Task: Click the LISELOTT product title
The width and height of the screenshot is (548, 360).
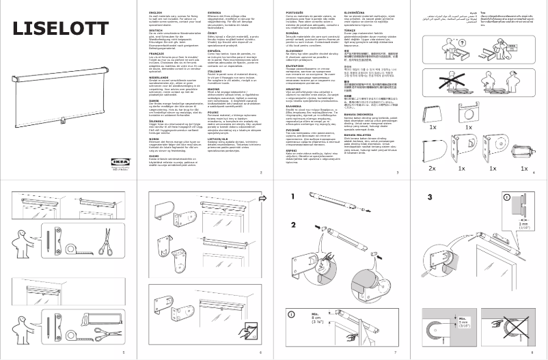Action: tap(61, 28)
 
